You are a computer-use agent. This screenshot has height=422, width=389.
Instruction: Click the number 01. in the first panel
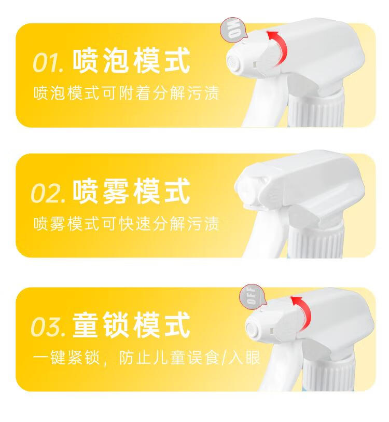[48, 62]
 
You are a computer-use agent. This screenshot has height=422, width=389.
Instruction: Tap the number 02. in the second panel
[48, 193]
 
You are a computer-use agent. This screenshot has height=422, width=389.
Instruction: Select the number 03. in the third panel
[48, 326]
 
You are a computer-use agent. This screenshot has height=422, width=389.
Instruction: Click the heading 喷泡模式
[132, 61]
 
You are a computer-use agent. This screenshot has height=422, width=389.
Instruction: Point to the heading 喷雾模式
[132, 192]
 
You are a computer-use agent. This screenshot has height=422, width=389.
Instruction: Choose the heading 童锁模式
[132, 324]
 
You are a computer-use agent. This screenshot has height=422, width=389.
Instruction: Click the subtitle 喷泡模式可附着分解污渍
[127, 93]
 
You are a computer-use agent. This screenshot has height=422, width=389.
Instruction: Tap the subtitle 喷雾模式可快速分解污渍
[127, 223]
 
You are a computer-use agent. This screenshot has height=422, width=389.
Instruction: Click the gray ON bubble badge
[233, 29]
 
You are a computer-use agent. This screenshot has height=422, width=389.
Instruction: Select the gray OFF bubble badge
[252, 295]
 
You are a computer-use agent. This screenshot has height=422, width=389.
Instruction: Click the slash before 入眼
[224, 358]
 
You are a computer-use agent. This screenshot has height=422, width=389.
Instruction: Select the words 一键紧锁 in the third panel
[66, 358]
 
